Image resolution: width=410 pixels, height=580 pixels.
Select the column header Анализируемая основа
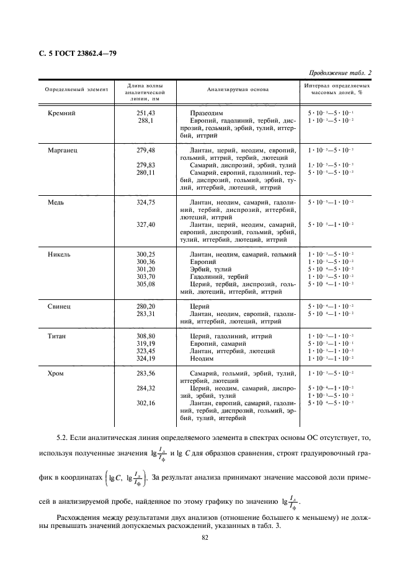point(238,89)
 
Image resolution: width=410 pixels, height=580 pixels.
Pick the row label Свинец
point(60,306)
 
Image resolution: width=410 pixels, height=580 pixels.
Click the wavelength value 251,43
point(145,113)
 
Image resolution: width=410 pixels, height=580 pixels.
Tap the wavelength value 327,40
point(145,225)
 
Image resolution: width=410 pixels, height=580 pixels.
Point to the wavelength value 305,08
point(145,284)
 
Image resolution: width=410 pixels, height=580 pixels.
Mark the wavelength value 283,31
point(145,314)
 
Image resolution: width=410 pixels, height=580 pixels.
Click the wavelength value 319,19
point(145,344)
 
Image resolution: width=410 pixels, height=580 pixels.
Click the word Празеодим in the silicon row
point(207,113)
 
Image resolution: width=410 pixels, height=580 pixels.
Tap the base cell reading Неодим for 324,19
point(202,359)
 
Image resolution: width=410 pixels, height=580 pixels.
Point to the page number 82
point(204,538)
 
